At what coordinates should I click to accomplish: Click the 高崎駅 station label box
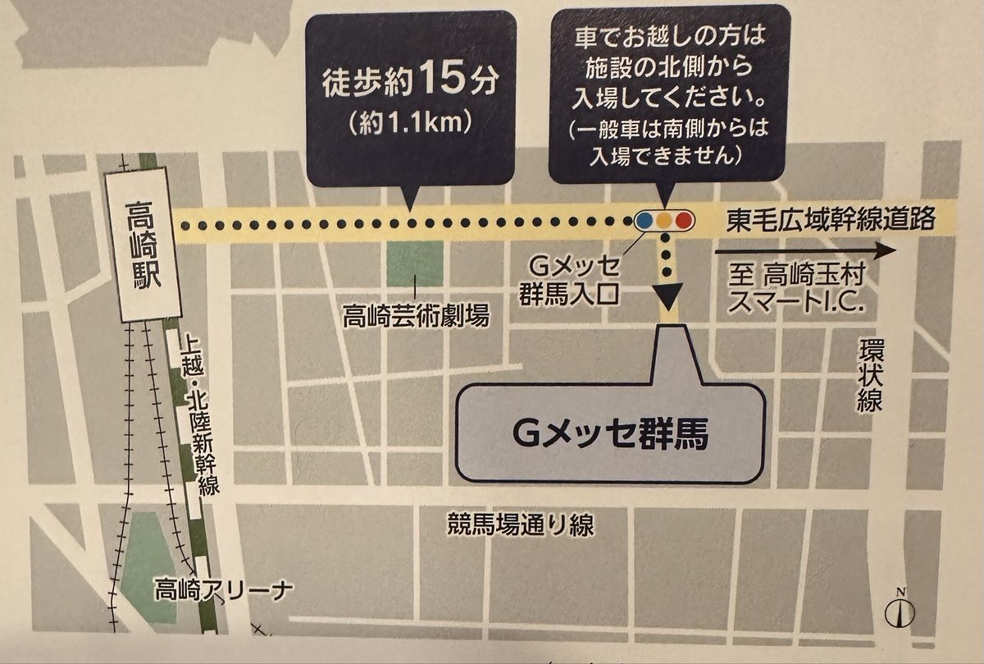(145, 244)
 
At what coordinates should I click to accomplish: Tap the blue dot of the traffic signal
(645, 220)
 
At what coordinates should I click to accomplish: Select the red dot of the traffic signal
(682, 220)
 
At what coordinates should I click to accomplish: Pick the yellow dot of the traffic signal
(664, 220)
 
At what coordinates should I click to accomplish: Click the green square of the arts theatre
(416, 265)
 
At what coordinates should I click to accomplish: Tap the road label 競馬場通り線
(520, 524)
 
